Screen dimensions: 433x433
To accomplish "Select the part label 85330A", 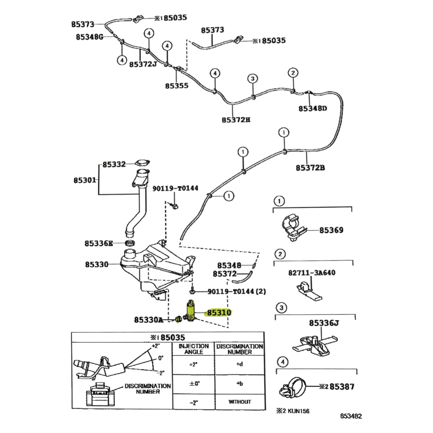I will click(149, 320).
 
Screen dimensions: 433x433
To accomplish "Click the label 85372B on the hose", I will click(310, 168).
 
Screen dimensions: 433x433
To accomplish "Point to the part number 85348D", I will click(313, 108).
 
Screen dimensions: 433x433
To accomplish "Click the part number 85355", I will click(176, 85).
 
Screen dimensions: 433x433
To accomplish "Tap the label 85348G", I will click(89, 37).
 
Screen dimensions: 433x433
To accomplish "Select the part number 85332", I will click(114, 164).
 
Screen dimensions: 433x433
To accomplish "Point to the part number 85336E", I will click(99, 243).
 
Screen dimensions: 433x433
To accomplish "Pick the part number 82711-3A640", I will click(312, 273).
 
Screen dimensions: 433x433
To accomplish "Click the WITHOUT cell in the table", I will click(240, 401).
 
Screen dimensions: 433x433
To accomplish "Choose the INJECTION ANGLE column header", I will click(194, 349).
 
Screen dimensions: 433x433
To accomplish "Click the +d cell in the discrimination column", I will click(240, 364).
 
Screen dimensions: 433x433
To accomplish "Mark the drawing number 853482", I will click(351, 416).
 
